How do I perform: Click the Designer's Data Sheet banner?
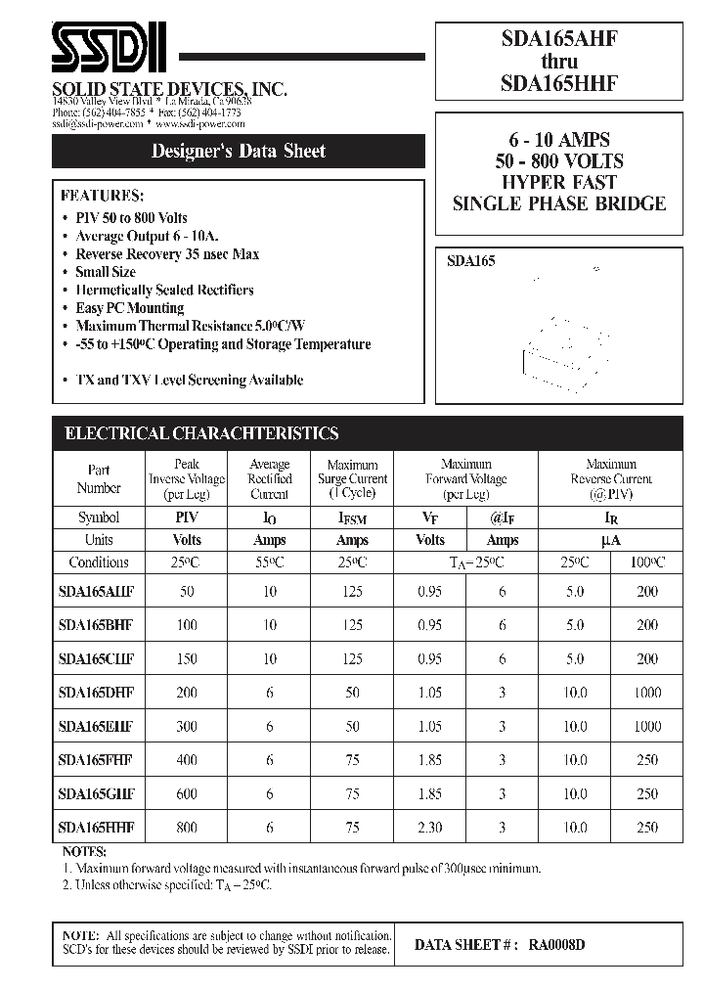[x=238, y=151]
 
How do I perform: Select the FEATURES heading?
[x=102, y=194]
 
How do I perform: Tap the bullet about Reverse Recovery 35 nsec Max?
[x=167, y=254]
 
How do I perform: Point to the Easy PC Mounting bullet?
[x=130, y=308]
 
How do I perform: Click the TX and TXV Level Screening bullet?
[x=189, y=380]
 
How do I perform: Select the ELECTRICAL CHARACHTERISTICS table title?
[x=201, y=433]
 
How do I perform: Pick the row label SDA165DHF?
[x=96, y=693]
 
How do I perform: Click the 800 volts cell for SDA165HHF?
[x=186, y=828]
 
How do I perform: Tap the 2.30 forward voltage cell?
[x=429, y=828]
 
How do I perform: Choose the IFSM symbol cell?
[x=352, y=517]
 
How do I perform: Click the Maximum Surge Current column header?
[x=352, y=479]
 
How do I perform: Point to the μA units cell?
[x=611, y=540]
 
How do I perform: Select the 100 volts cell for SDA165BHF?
[x=186, y=625]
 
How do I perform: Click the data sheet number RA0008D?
[x=557, y=945]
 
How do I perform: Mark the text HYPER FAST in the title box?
[x=558, y=182]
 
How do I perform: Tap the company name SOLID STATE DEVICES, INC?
[x=168, y=89]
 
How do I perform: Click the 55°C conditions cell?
[x=269, y=562]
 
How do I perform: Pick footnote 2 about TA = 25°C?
[x=166, y=884]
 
